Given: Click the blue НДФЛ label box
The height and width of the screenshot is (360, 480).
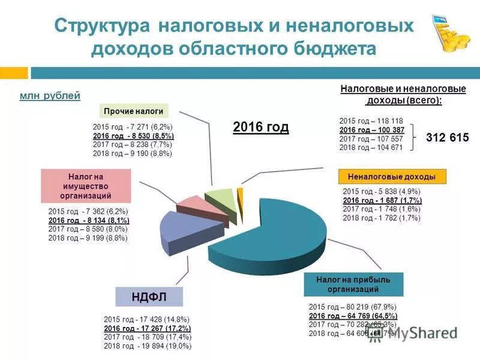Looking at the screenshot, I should point(149,297).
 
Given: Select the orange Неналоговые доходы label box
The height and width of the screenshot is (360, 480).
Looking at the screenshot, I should point(391,176).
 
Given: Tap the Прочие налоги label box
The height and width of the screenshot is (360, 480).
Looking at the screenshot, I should point(133,111).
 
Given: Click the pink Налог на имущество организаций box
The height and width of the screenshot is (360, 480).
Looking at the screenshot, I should point(86,186).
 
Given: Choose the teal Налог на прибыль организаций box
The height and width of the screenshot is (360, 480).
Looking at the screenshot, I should point(353,284).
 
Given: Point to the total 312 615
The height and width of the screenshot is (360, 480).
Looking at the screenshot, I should point(447,137).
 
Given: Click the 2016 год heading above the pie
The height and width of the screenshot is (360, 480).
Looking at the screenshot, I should point(260,127).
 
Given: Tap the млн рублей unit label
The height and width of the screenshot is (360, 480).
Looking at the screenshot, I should point(50,96).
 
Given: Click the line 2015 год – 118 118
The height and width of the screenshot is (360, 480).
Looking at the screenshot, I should point(371,121).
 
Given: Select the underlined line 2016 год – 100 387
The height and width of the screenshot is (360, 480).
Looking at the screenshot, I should point(371,130).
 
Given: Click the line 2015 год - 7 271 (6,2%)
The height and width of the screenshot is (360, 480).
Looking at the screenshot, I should point(133,127).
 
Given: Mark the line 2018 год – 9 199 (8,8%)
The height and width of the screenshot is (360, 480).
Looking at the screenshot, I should point(88,238).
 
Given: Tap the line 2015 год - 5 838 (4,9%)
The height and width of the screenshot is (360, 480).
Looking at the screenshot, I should point(382,191).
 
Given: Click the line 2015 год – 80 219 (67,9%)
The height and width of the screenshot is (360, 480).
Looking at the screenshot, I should point(352,307).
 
